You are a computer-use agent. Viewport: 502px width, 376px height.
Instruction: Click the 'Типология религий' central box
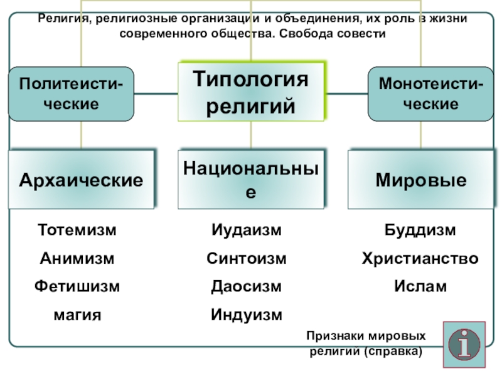tap(251, 91)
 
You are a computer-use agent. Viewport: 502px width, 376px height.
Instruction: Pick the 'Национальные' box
tap(251, 179)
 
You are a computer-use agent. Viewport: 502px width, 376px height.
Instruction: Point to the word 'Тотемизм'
tap(77, 230)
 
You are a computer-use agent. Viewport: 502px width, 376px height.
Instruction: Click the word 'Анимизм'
tap(77, 258)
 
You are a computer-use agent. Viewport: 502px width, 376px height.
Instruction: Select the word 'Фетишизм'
tap(77, 286)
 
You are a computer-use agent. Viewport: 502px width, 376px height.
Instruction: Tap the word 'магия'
tap(77, 315)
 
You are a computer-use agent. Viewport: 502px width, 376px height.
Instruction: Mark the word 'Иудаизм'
tap(247, 230)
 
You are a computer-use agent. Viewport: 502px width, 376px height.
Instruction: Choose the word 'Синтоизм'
tap(247, 258)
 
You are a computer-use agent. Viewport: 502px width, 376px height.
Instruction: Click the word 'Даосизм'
tap(247, 286)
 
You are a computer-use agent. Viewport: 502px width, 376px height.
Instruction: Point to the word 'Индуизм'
tap(247, 315)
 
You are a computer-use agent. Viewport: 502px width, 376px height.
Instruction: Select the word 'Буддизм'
tap(420, 230)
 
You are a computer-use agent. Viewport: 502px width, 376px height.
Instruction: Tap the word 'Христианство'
tap(420, 258)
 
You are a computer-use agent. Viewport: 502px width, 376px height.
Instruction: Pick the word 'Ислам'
tap(420, 286)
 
